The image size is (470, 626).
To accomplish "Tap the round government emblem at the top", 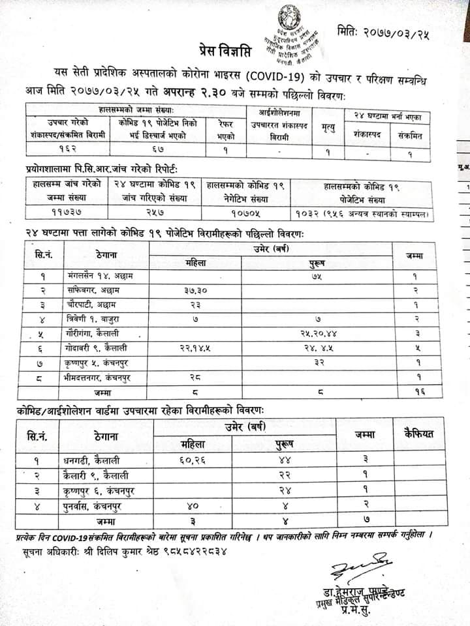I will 285,14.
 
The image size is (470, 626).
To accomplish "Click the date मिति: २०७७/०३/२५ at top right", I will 385,29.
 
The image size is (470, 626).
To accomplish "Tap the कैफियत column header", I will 419,434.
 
